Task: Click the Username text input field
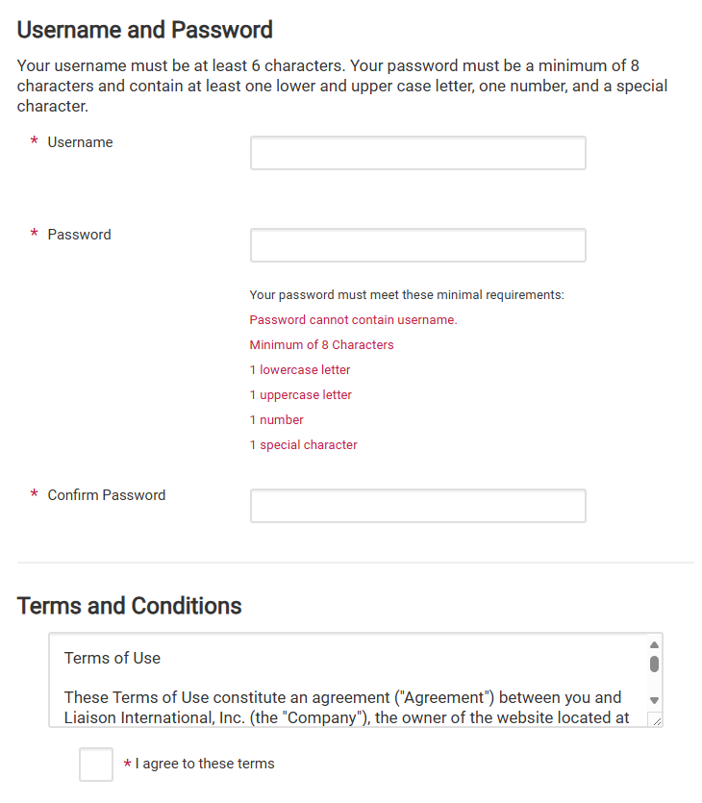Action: coord(417,153)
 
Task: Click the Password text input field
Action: coord(417,245)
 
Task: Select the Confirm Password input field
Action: coord(417,506)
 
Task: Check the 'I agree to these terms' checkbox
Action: coord(96,765)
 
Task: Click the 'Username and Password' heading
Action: coord(145,30)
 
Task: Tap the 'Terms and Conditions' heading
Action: coord(130,606)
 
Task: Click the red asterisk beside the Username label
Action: coord(35,142)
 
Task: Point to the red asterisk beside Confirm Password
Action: coord(35,495)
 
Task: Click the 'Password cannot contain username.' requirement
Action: coord(353,320)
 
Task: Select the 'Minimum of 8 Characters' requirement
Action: coord(321,345)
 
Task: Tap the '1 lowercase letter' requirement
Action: coord(300,370)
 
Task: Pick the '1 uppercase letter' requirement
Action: coord(301,395)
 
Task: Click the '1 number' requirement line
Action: coord(277,420)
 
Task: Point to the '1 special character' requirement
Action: coord(304,445)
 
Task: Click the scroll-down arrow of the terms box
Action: coord(654,701)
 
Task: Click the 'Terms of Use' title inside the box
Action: coord(113,659)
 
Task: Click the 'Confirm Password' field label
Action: coord(107,495)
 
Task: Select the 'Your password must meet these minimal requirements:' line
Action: coord(407,295)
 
